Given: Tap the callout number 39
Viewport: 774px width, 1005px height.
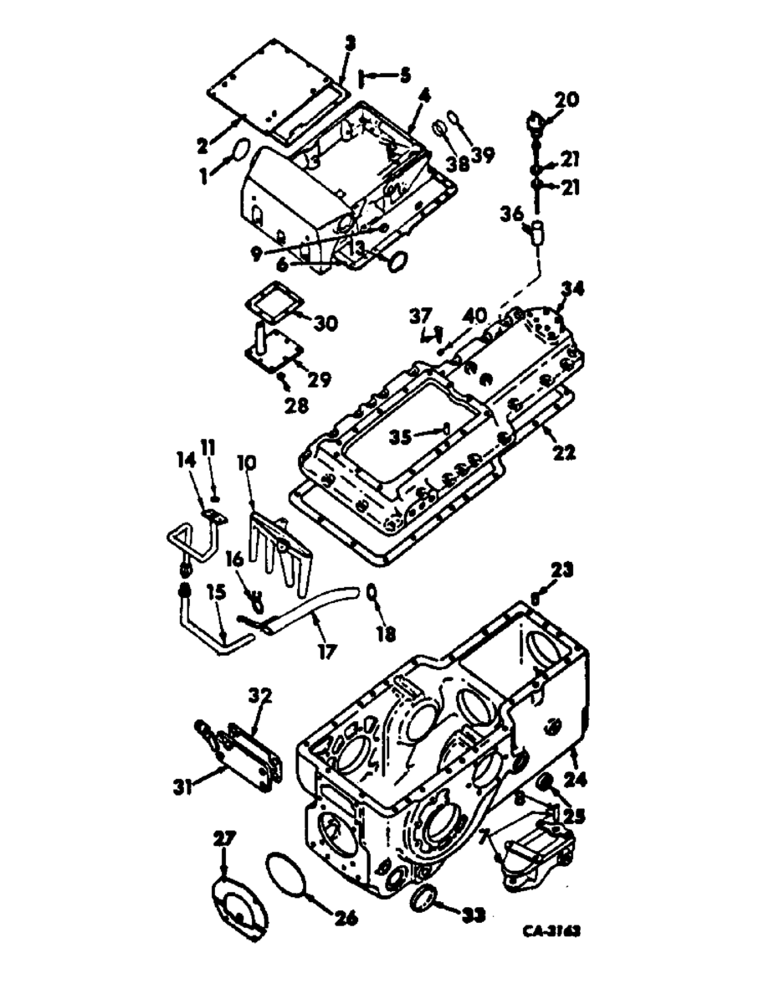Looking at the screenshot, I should (x=482, y=154).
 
